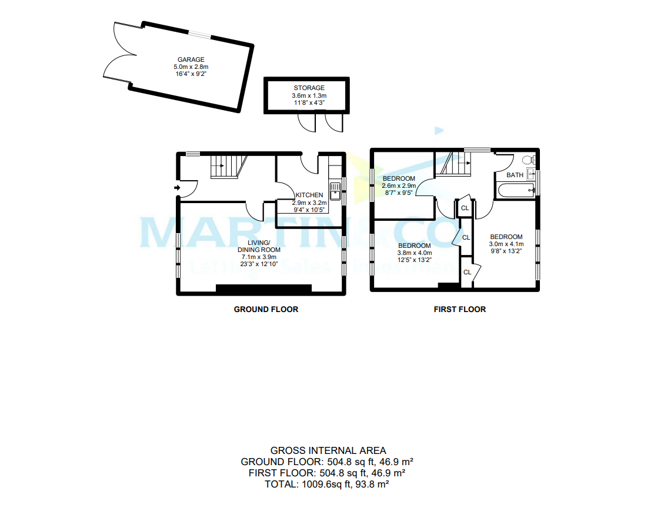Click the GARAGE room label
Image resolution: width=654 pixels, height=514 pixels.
(x=191, y=59)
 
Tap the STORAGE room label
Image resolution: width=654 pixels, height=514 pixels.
(x=309, y=88)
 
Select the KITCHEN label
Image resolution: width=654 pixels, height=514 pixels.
(x=309, y=195)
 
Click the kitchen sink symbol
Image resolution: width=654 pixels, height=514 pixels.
(x=335, y=191)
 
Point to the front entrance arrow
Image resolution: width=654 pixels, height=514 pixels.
(x=178, y=187)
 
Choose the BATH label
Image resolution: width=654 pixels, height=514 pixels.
(x=515, y=175)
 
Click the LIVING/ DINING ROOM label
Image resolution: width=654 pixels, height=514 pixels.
(x=259, y=246)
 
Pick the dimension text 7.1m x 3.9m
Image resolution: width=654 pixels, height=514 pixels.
(x=259, y=257)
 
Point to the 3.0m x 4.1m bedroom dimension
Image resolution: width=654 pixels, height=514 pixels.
(x=506, y=244)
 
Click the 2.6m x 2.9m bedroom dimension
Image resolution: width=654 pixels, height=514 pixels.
(x=399, y=185)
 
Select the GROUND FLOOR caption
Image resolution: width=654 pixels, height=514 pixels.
(x=266, y=309)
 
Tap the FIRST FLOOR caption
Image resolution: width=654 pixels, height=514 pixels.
(x=459, y=309)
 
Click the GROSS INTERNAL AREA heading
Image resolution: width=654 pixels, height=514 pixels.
(x=328, y=450)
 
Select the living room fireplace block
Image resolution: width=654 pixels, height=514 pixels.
(x=263, y=288)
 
